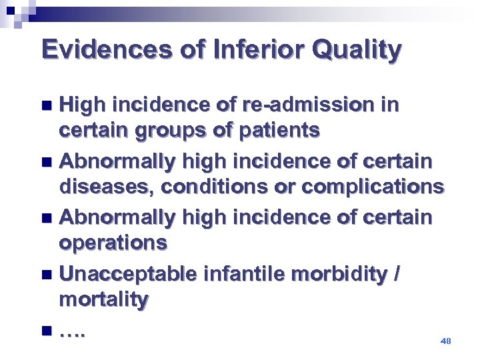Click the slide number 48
[x=446, y=341]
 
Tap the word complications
[x=373, y=187]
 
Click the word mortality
[x=103, y=301]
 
